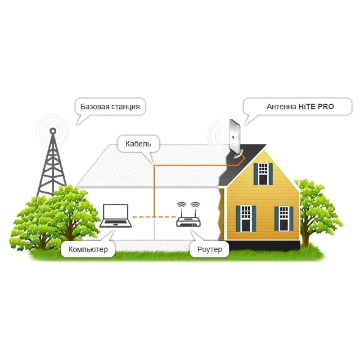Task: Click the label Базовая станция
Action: coord(110,107)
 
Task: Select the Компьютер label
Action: coord(88,249)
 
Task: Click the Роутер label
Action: coord(210,249)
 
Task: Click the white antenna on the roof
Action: coord(235,137)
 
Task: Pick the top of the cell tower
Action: coord(53,130)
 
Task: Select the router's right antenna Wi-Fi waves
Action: coord(195,205)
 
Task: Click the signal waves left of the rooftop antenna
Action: coord(215,135)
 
